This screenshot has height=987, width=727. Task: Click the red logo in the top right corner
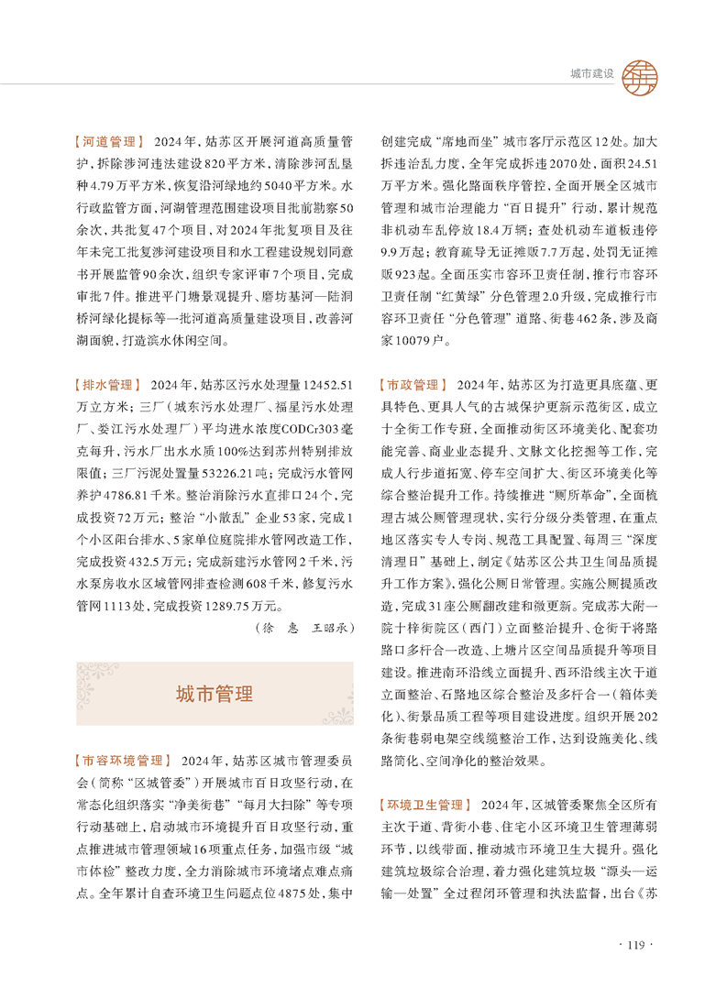[x=639, y=72]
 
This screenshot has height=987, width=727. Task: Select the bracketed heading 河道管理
[x=108, y=143]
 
